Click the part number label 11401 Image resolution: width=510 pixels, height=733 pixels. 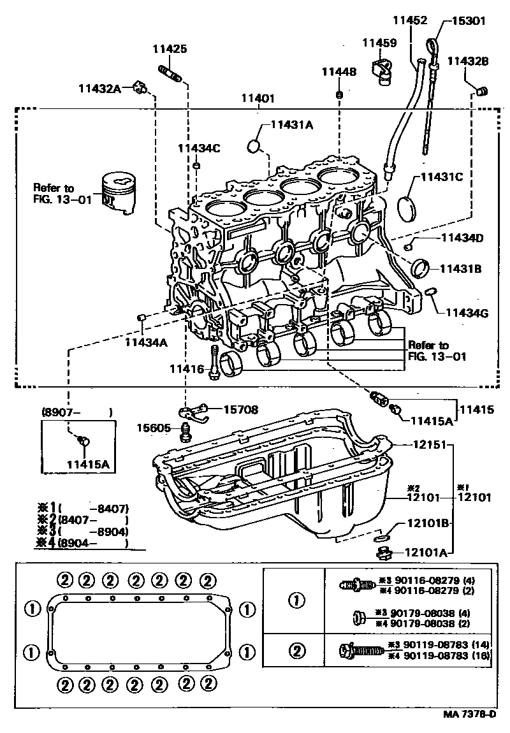tap(258, 99)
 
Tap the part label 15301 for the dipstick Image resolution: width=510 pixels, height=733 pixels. tap(469, 20)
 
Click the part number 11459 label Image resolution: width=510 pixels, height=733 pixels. tap(380, 43)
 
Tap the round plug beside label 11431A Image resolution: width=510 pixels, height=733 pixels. tap(254, 146)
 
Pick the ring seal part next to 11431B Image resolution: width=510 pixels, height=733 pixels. tap(421, 268)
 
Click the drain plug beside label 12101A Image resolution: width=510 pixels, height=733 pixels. tap(383, 553)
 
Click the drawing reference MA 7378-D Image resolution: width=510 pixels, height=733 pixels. tap(469, 715)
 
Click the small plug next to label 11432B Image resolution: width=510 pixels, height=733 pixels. tap(483, 90)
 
